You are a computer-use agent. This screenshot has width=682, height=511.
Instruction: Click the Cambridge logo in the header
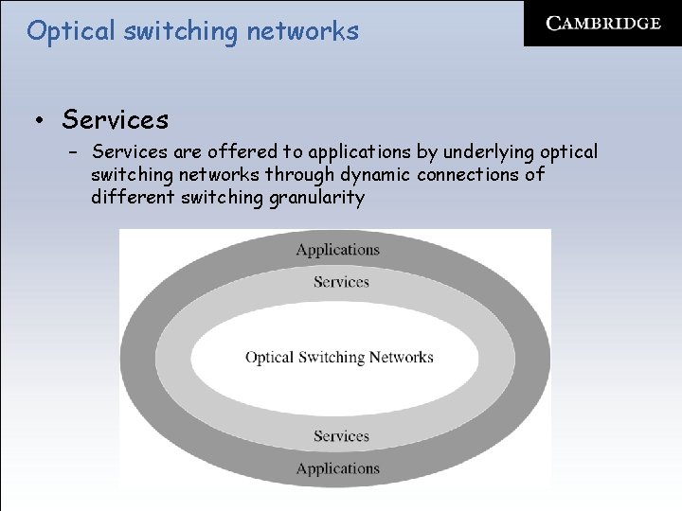click(603, 24)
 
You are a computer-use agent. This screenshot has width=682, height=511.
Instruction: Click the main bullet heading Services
click(115, 120)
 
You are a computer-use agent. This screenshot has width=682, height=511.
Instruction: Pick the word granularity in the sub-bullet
click(316, 198)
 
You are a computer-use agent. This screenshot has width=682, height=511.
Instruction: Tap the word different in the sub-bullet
click(134, 198)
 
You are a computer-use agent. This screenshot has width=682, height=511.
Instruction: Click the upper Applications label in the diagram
click(337, 250)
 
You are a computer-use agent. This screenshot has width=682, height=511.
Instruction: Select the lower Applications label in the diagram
click(337, 468)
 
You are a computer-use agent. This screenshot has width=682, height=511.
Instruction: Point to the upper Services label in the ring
click(340, 282)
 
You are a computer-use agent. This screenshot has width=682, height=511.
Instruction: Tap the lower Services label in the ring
click(340, 436)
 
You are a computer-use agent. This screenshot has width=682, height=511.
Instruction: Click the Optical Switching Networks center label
click(339, 358)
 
